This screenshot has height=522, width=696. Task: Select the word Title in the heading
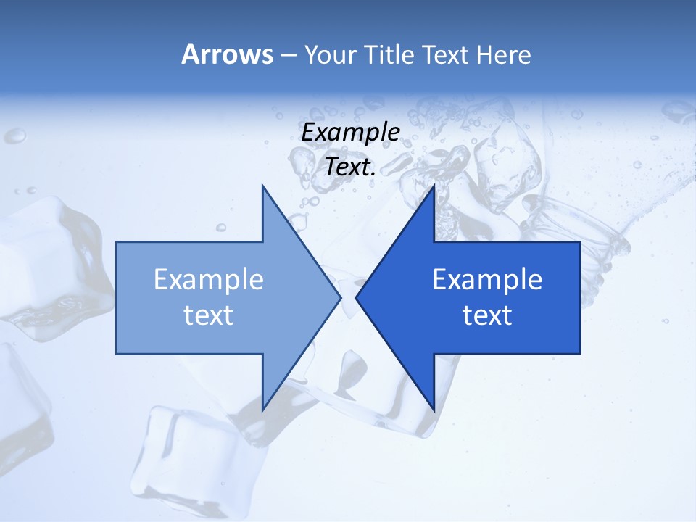(386, 55)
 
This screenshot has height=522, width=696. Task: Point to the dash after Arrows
(288, 56)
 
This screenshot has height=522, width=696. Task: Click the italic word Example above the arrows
(351, 132)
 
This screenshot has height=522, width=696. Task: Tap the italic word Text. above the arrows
(351, 167)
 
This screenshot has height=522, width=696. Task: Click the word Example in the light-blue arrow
(209, 279)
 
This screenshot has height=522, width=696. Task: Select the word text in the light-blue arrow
(209, 315)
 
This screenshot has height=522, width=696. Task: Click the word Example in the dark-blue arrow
(487, 279)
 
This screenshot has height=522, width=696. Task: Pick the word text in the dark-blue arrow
(487, 315)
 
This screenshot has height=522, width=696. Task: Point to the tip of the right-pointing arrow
(340, 297)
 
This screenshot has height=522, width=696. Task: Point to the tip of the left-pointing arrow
(356, 297)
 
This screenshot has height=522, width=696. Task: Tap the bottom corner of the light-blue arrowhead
(262, 410)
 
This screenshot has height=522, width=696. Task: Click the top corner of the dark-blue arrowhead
(434, 186)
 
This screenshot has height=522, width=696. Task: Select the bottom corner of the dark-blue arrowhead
(434, 410)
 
